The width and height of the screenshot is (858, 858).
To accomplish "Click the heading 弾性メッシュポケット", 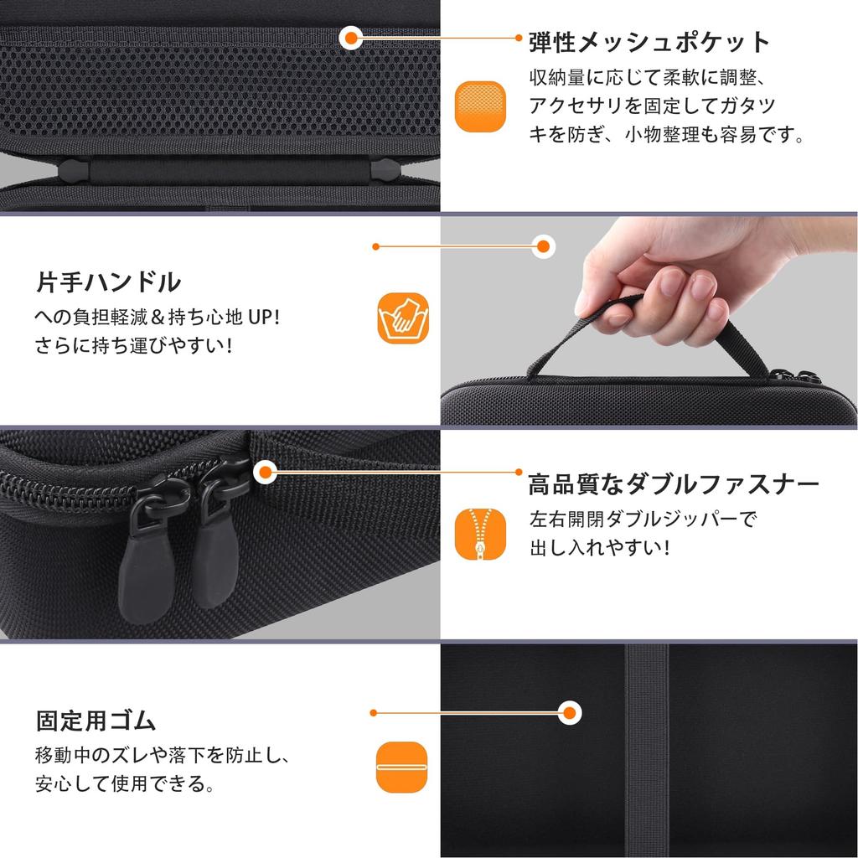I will tap(649, 42).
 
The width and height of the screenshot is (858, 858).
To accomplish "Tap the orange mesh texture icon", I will tap(482, 106).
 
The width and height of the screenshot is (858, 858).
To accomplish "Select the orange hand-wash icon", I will tap(403, 319).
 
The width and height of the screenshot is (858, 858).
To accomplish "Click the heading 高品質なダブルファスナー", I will tap(673, 484).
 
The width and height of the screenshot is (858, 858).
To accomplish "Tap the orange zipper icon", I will tap(481, 535).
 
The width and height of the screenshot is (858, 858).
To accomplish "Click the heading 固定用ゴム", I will tap(96, 720).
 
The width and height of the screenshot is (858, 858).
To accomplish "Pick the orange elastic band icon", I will tap(402, 767).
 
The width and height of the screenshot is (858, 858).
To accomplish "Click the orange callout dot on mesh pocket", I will tap(351, 37).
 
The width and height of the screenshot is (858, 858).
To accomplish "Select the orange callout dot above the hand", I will tap(544, 246).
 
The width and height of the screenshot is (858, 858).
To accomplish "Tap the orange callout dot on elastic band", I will tap(570, 713).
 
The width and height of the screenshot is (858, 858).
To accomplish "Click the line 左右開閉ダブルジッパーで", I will tap(642, 519).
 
